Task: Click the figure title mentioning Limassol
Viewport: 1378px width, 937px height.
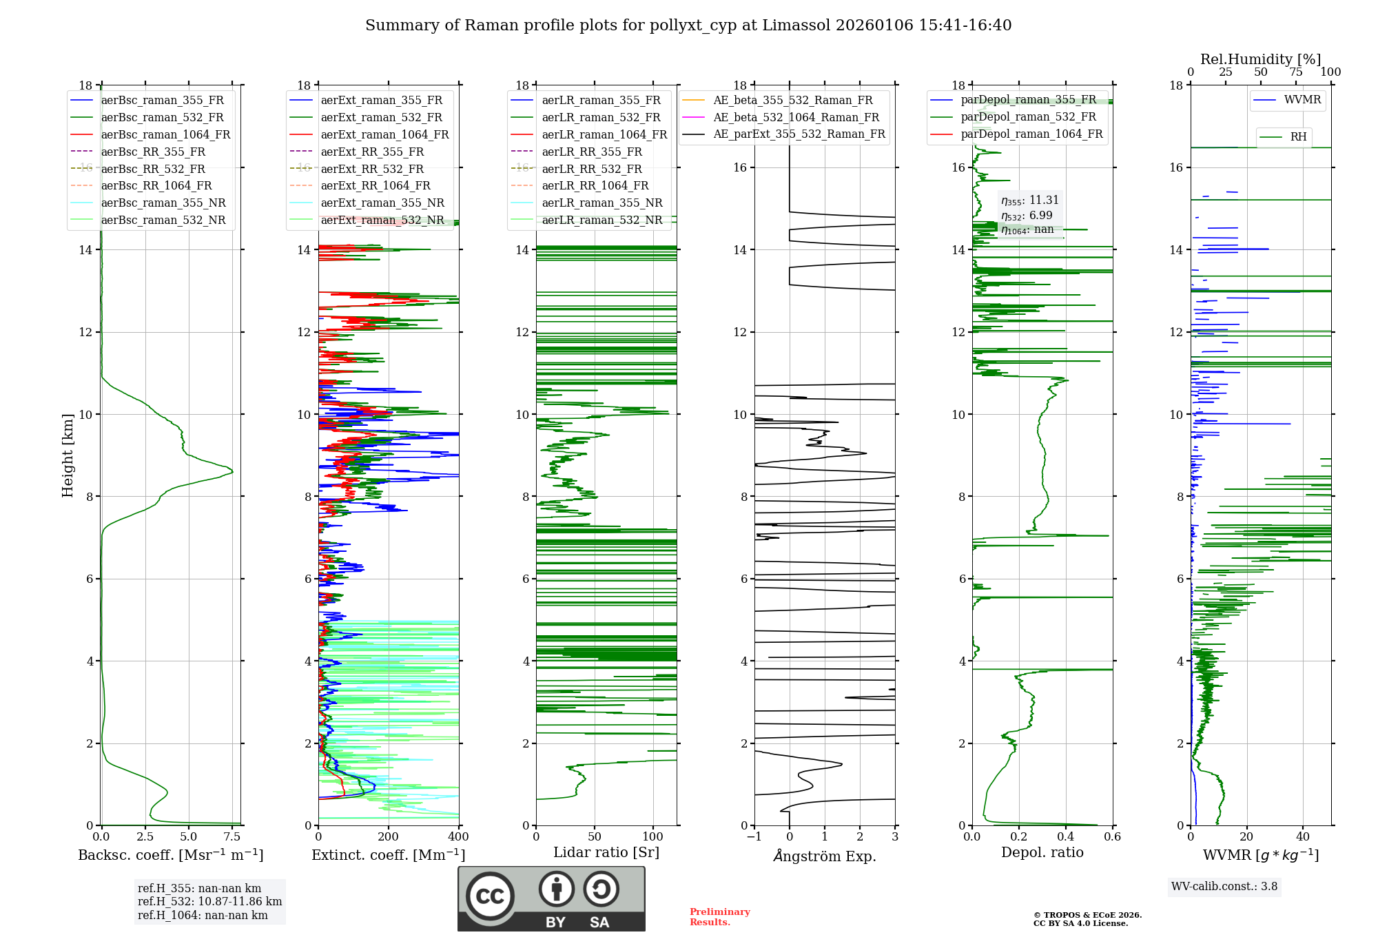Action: coord(688,25)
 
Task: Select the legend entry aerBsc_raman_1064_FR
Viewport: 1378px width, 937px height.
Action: coord(165,135)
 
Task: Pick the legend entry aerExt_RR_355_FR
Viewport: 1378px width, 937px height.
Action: coord(372,152)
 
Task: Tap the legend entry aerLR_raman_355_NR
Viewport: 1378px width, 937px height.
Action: coord(601,203)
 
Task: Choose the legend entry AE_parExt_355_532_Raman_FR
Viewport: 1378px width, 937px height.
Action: coord(799,134)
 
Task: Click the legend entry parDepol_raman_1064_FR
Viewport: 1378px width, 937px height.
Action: coord(1031,134)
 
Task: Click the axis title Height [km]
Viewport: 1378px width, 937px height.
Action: coord(68,455)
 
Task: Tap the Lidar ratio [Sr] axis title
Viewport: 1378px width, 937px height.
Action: coord(606,853)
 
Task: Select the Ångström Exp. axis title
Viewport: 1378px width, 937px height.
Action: coord(825,856)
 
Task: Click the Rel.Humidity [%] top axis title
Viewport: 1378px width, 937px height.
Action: coord(1260,60)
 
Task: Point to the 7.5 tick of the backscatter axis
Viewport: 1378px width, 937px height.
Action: coord(232,837)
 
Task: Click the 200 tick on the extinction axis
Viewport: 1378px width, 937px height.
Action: coord(389,837)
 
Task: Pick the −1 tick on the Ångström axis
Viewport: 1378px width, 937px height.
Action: coord(754,837)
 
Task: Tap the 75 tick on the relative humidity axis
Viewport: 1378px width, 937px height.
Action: coord(1296,72)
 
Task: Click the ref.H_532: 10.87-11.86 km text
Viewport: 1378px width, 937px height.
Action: coord(209,902)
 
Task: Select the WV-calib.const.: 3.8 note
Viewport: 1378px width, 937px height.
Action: coord(1224,887)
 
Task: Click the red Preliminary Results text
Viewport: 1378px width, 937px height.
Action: coord(719,917)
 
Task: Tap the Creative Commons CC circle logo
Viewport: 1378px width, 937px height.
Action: coord(490,896)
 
